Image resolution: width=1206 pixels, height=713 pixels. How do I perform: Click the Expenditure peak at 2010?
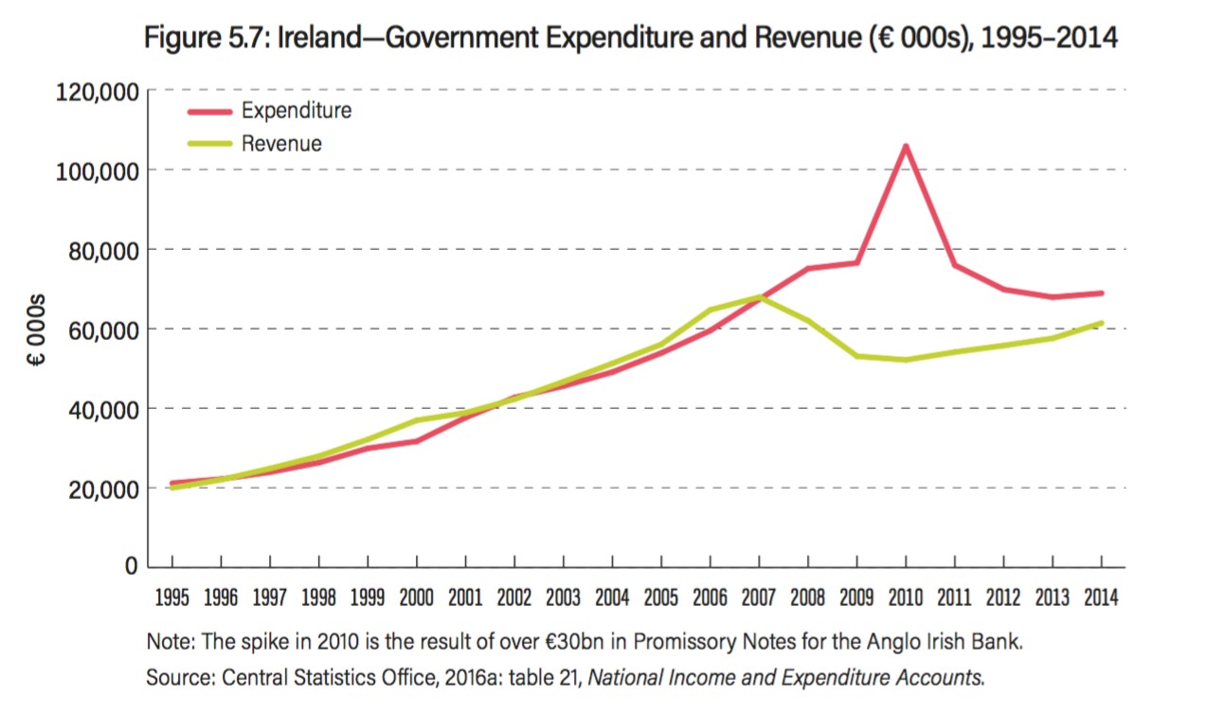[906, 146]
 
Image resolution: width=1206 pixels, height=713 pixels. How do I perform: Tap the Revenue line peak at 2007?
[759, 297]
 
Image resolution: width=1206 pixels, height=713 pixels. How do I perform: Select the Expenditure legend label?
[296, 111]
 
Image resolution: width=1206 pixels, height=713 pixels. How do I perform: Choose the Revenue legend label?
[281, 144]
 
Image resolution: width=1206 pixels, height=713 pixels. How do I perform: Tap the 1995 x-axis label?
[171, 598]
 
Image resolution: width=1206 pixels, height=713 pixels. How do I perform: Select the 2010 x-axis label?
[906, 598]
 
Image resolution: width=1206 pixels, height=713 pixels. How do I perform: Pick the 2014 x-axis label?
[1101, 598]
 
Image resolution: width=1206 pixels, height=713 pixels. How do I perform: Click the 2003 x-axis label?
[563, 598]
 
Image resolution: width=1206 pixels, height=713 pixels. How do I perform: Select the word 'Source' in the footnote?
[176, 677]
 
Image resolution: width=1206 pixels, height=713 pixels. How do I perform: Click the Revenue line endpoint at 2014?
[1101, 323]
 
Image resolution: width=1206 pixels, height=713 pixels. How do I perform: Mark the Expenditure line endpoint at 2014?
[1101, 294]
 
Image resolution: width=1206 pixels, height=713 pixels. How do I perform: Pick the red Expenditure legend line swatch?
[209, 111]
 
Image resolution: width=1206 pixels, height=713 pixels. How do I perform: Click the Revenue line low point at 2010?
[906, 360]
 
